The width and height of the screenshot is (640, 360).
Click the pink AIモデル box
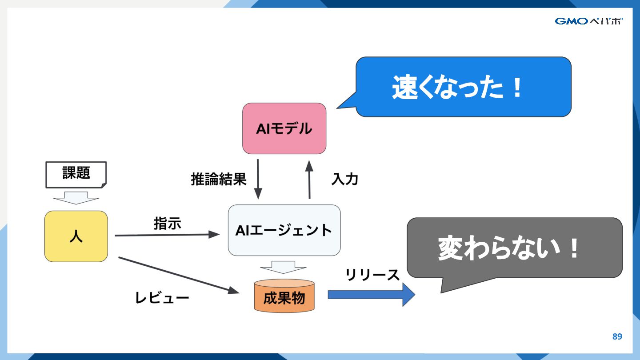point(284,128)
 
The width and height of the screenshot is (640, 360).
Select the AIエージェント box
point(284,230)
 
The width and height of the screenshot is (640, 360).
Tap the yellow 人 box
point(76,236)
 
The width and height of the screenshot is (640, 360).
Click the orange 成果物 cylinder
point(284,296)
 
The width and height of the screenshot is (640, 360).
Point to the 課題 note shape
point(76,174)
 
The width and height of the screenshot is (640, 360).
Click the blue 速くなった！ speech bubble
point(463,87)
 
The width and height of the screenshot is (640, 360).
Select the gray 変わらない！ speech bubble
point(514,248)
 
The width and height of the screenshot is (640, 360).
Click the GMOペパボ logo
point(588,21)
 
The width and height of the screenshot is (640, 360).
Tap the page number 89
point(617,336)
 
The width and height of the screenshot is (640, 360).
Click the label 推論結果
point(218,179)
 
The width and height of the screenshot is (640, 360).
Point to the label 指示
point(167,223)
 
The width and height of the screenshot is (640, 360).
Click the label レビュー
point(162,298)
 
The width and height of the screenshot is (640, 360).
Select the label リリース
point(372,275)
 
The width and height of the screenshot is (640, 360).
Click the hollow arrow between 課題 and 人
point(76,197)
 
